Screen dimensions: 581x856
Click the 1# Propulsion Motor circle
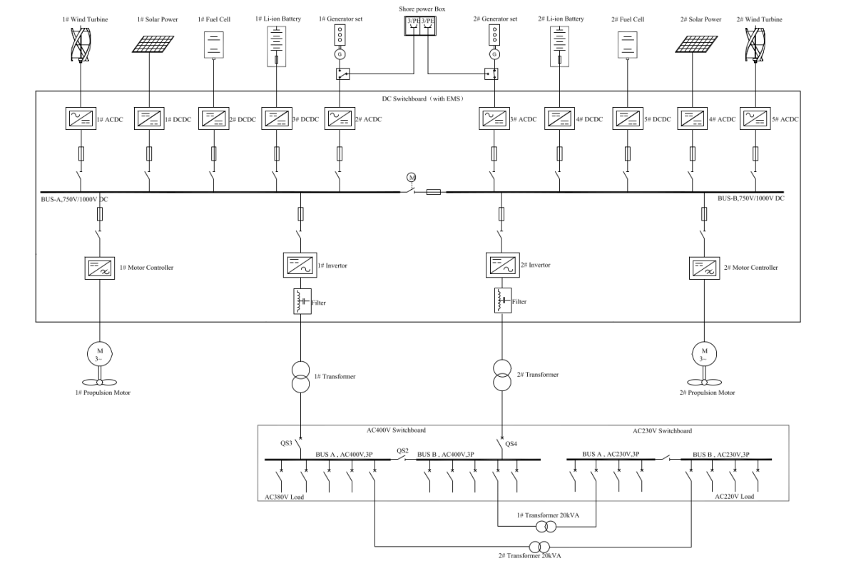95,352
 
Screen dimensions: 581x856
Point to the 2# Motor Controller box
704,268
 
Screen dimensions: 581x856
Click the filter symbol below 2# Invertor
500,301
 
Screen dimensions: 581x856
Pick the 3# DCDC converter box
276,118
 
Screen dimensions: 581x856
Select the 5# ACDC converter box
755,118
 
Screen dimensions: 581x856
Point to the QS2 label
402,451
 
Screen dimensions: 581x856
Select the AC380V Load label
279,495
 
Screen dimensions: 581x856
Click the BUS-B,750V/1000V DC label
751,198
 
